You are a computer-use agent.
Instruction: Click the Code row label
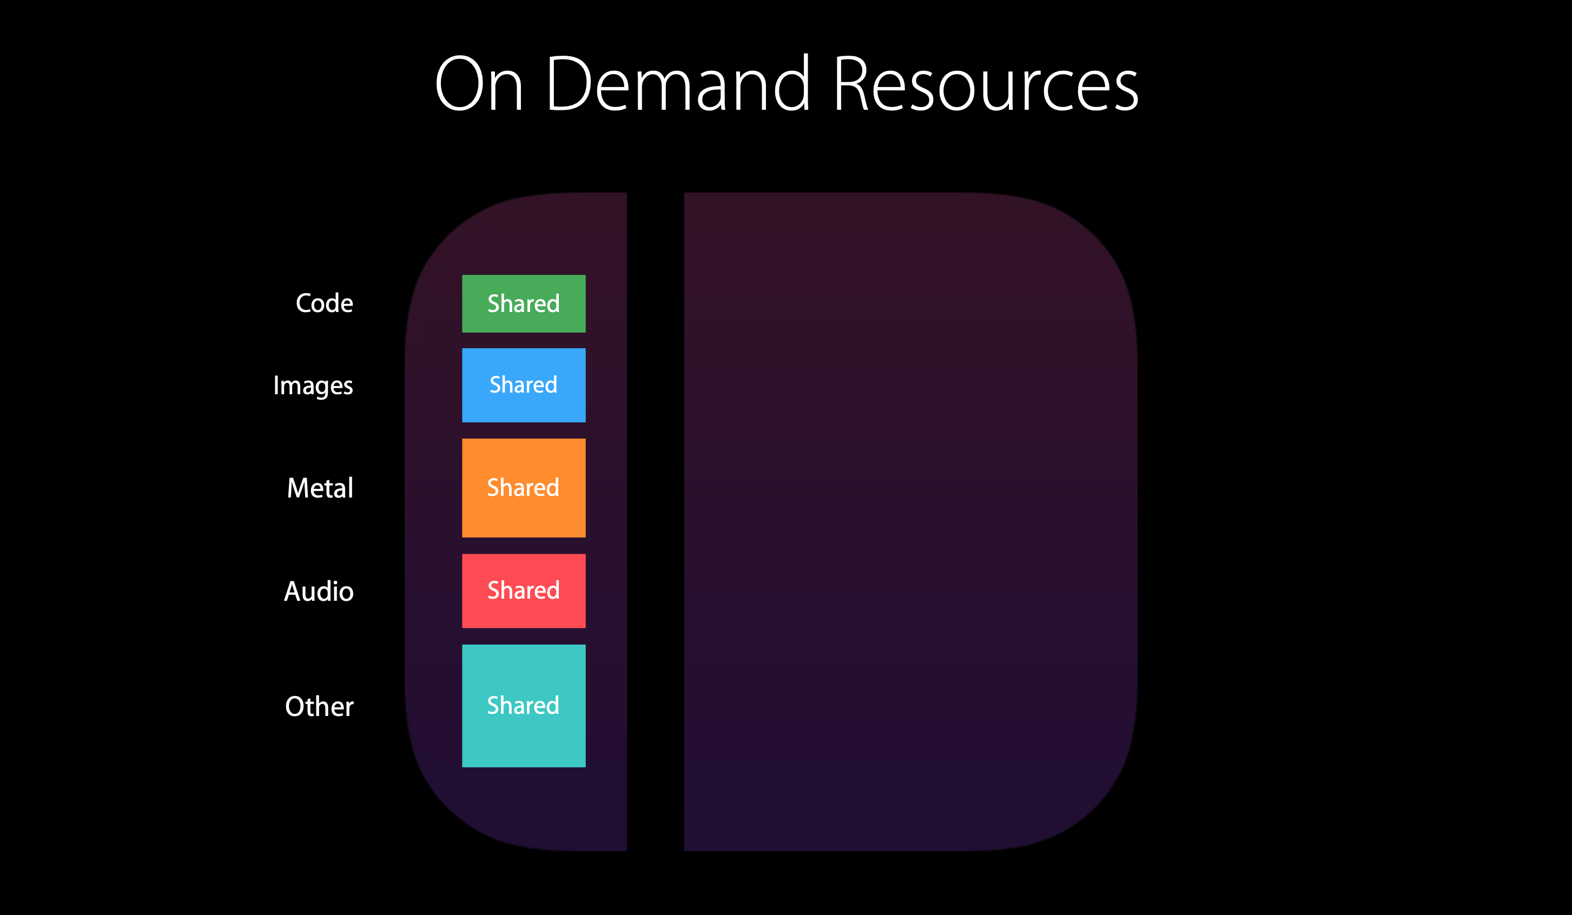coord(325,303)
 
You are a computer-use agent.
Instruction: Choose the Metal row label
coord(320,488)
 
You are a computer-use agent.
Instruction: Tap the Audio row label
coord(319,591)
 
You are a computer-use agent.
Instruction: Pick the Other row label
coord(319,707)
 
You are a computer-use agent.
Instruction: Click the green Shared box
coord(524,304)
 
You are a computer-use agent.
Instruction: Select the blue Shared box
coord(524,386)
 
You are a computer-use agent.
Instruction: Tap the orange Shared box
coord(524,488)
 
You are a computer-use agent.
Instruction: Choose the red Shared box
coord(524,591)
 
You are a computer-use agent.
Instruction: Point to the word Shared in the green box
coord(524,304)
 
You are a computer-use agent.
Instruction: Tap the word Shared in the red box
coord(524,590)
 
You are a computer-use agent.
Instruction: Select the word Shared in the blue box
coord(524,385)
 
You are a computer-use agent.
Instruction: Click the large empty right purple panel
coord(911,521)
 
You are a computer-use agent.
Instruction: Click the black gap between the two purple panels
coord(656,521)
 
